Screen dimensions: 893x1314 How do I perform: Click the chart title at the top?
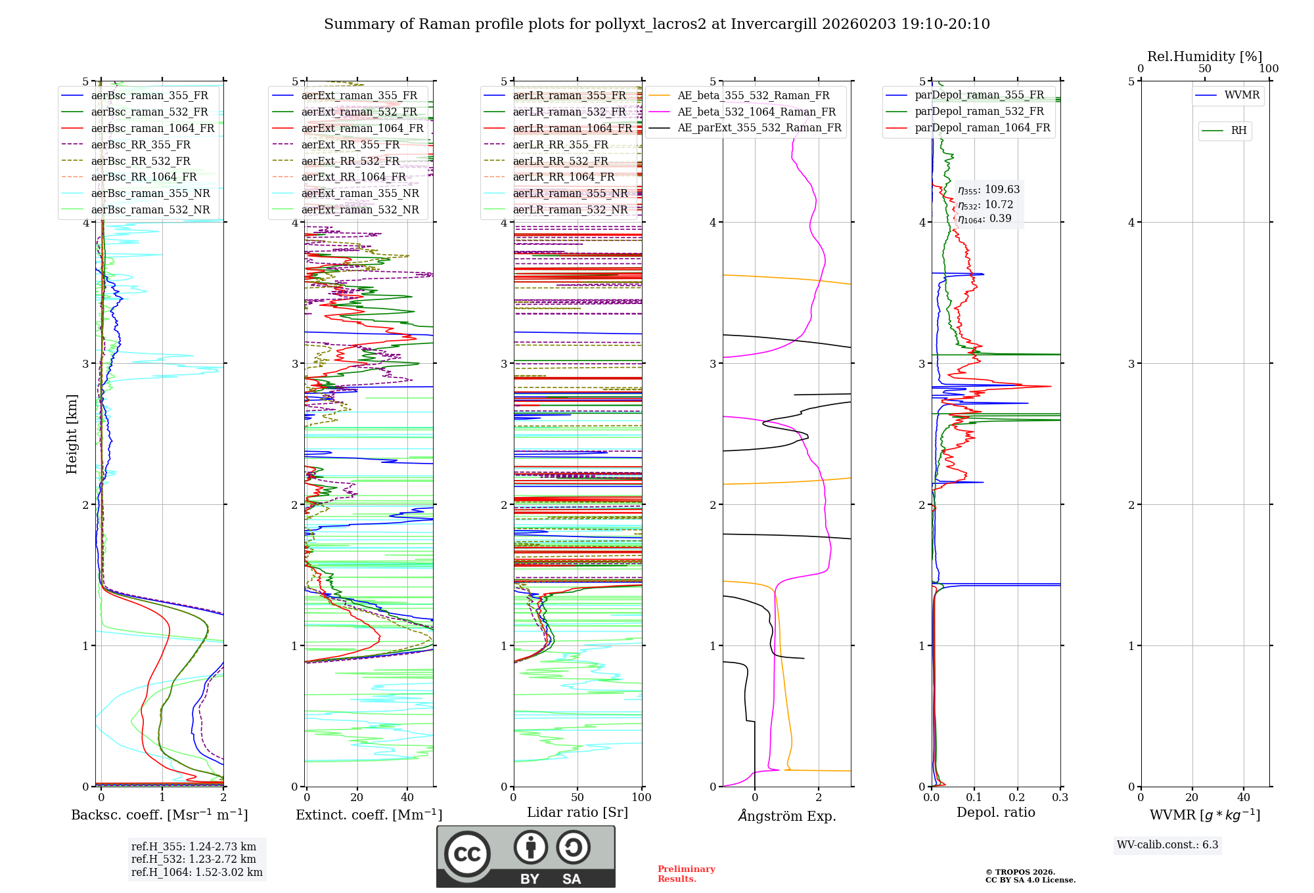pyautogui.click(x=656, y=24)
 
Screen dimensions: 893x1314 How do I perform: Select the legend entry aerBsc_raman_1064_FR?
pyautogui.click(x=152, y=128)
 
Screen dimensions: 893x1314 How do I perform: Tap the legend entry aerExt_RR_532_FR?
pyautogui.click(x=350, y=161)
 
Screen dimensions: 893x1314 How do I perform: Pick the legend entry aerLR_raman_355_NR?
pyautogui.click(x=570, y=193)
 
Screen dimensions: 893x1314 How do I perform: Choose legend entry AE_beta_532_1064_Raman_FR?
pyautogui.click(x=756, y=112)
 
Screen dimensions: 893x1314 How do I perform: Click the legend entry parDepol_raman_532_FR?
pyautogui.click(x=979, y=112)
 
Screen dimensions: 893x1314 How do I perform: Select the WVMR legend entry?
pyautogui.click(x=1242, y=95)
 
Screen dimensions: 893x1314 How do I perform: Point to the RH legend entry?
pyautogui.click(x=1238, y=131)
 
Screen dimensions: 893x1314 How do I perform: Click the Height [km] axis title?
pyautogui.click(x=72, y=434)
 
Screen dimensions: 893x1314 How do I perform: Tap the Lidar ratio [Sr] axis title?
pyautogui.click(x=578, y=812)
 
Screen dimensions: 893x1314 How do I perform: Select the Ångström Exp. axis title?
pyautogui.click(x=787, y=816)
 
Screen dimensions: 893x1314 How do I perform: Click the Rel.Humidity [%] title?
pyautogui.click(x=1204, y=56)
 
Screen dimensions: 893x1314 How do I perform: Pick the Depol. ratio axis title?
pyautogui.click(x=995, y=812)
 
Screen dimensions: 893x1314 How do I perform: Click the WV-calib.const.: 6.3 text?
pyautogui.click(x=1167, y=845)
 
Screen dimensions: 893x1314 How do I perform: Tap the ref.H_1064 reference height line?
pyautogui.click(x=196, y=873)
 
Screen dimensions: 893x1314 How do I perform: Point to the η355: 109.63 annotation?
pyautogui.click(x=989, y=190)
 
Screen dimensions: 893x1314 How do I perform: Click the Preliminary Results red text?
pyautogui.click(x=686, y=874)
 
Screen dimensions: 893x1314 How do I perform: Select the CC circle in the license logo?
pyautogui.click(x=467, y=854)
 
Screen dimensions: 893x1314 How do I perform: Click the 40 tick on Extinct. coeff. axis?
pyautogui.click(x=407, y=797)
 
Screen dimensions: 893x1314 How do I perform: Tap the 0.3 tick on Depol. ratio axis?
pyautogui.click(x=1060, y=797)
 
